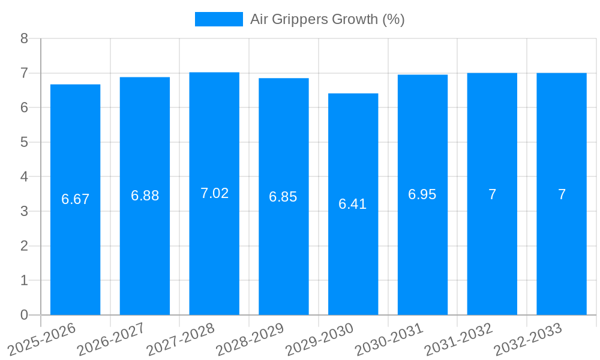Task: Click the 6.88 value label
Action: coord(145,196)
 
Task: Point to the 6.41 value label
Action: coord(353,204)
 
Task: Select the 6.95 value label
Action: coord(422,194)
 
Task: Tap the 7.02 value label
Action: coord(214,193)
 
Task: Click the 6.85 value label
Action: coord(283,197)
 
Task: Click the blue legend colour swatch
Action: coord(218,19)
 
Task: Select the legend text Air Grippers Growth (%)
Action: coord(327,19)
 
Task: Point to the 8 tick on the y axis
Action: coord(24,38)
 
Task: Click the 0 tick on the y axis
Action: coord(24,315)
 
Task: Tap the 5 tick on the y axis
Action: coord(24,142)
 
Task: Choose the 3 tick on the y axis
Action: coord(24,211)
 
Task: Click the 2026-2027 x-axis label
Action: coord(111,339)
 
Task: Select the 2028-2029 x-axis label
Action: coord(250,339)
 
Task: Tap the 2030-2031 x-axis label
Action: coord(389,339)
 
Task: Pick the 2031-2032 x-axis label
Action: coord(458,339)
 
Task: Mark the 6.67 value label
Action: coord(75,199)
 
